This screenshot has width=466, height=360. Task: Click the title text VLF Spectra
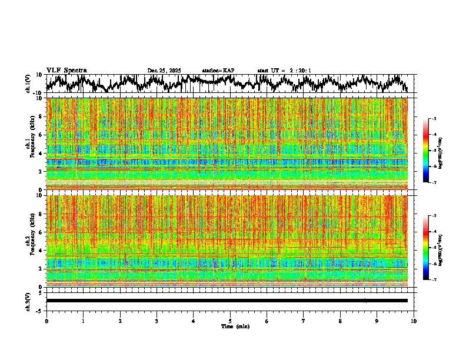66,71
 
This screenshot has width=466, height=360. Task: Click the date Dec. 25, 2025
164,71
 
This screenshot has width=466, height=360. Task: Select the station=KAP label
218,71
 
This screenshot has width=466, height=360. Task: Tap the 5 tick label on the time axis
230,321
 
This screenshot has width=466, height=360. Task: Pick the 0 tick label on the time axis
46,321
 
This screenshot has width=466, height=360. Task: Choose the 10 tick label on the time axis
414,321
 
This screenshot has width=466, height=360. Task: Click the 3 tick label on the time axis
157,321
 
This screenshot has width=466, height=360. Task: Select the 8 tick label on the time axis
340,321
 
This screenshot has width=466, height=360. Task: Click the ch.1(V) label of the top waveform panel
28,84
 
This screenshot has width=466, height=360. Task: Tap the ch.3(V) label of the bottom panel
28,301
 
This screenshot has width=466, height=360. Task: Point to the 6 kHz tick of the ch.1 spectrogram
40,135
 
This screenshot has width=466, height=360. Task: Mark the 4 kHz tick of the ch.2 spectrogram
40,250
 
